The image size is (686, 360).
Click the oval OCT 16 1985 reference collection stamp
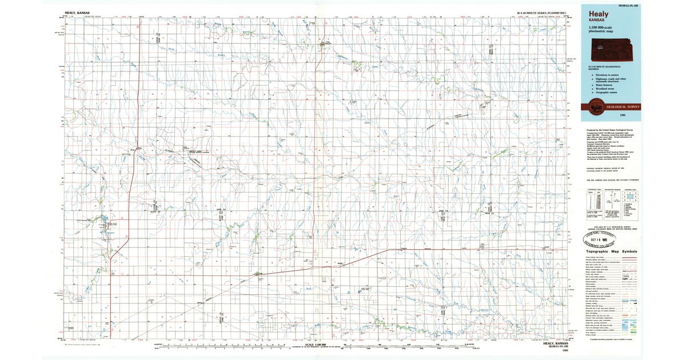(x=605, y=239)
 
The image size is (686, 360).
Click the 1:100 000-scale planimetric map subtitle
(x=599, y=32)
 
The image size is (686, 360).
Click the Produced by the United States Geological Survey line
(x=606, y=130)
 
